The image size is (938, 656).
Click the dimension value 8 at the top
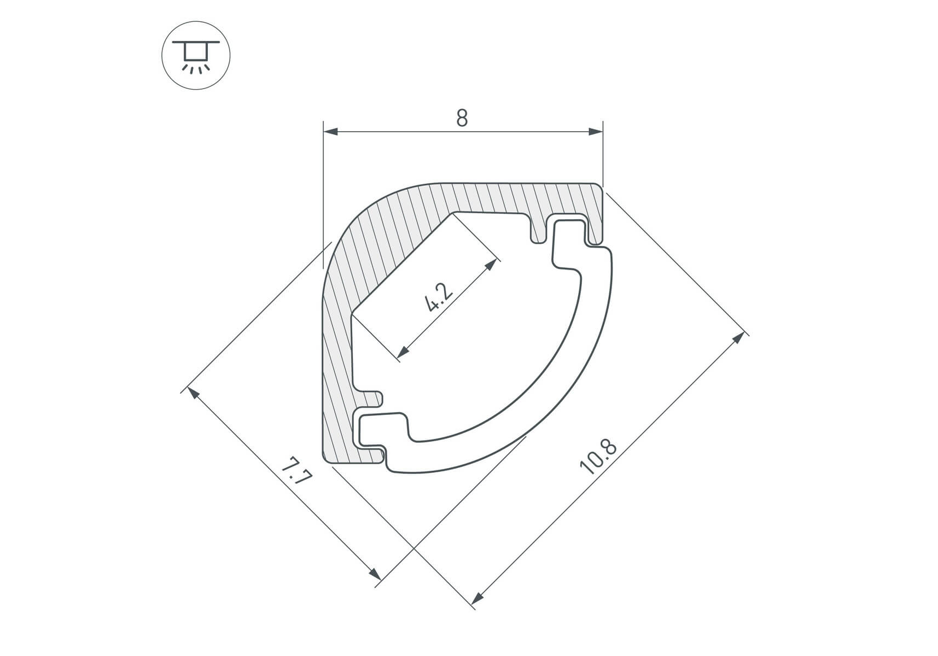click(462, 118)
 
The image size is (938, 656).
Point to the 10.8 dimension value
click(598, 456)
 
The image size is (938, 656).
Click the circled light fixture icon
click(196, 55)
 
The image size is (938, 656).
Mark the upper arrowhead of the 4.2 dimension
click(492, 265)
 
